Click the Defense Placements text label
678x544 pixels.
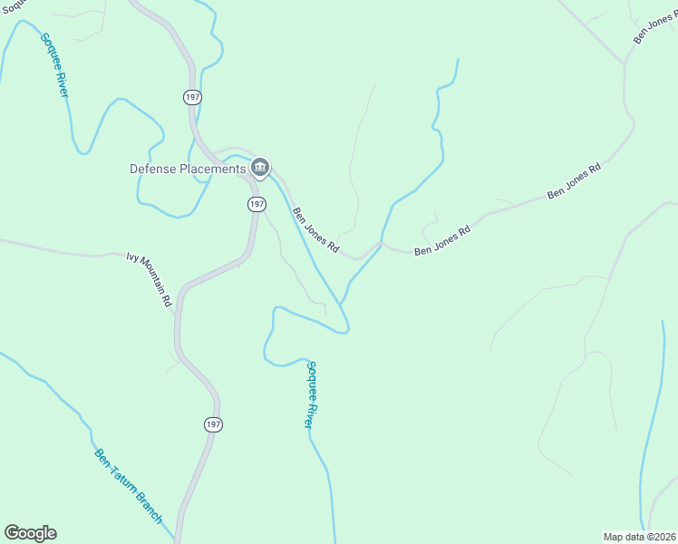click(188, 169)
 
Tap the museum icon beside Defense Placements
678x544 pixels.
click(260, 167)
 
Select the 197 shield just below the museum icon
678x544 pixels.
click(257, 204)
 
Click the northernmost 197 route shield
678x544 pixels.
click(191, 96)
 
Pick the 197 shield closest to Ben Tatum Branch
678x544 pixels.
click(212, 424)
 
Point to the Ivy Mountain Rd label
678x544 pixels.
click(150, 281)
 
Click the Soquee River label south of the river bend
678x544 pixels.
click(310, 394)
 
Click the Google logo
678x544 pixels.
click(30, 533)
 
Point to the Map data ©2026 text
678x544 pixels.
click(640, 537)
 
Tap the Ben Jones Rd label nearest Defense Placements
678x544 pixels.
click(315, 230)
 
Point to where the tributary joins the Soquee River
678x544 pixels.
click(341, 302)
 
